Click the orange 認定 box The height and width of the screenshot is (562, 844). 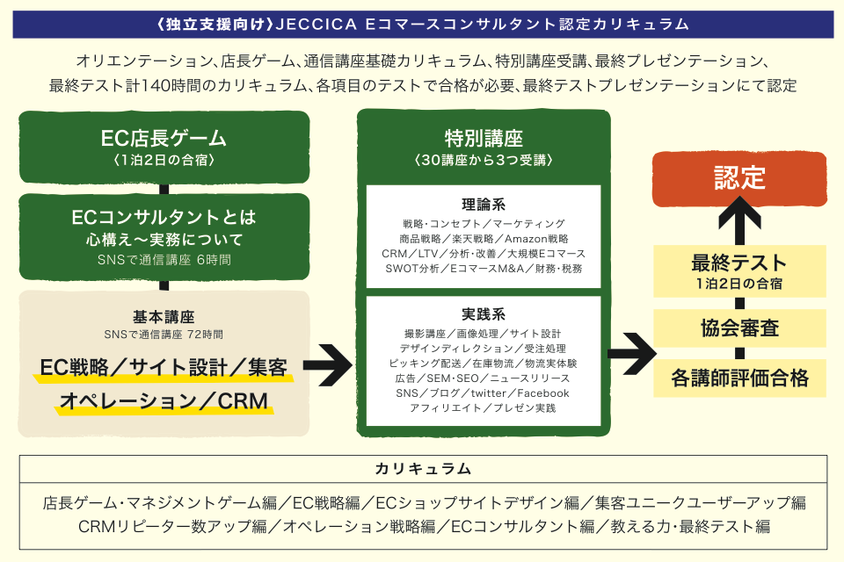(740, 180)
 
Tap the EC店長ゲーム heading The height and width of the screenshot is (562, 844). (164, 139)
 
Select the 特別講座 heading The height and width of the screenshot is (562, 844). (483, 139)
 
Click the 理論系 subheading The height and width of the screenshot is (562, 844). (483, 205)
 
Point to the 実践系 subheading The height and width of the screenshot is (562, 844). (483, 314)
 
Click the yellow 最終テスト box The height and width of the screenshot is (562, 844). (738, 271)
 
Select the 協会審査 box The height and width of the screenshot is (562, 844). (739, 328)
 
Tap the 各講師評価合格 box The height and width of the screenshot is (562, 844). (739, 378)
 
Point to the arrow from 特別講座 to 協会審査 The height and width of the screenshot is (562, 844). (631, 349)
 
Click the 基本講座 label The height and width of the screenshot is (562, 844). (164, 317)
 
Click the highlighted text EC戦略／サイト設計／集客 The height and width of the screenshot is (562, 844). (164, 367)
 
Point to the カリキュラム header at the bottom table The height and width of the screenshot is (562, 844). (422, 468)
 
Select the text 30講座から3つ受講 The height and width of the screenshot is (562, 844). (483, 161)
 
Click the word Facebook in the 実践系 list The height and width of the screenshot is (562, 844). (542, 393)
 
